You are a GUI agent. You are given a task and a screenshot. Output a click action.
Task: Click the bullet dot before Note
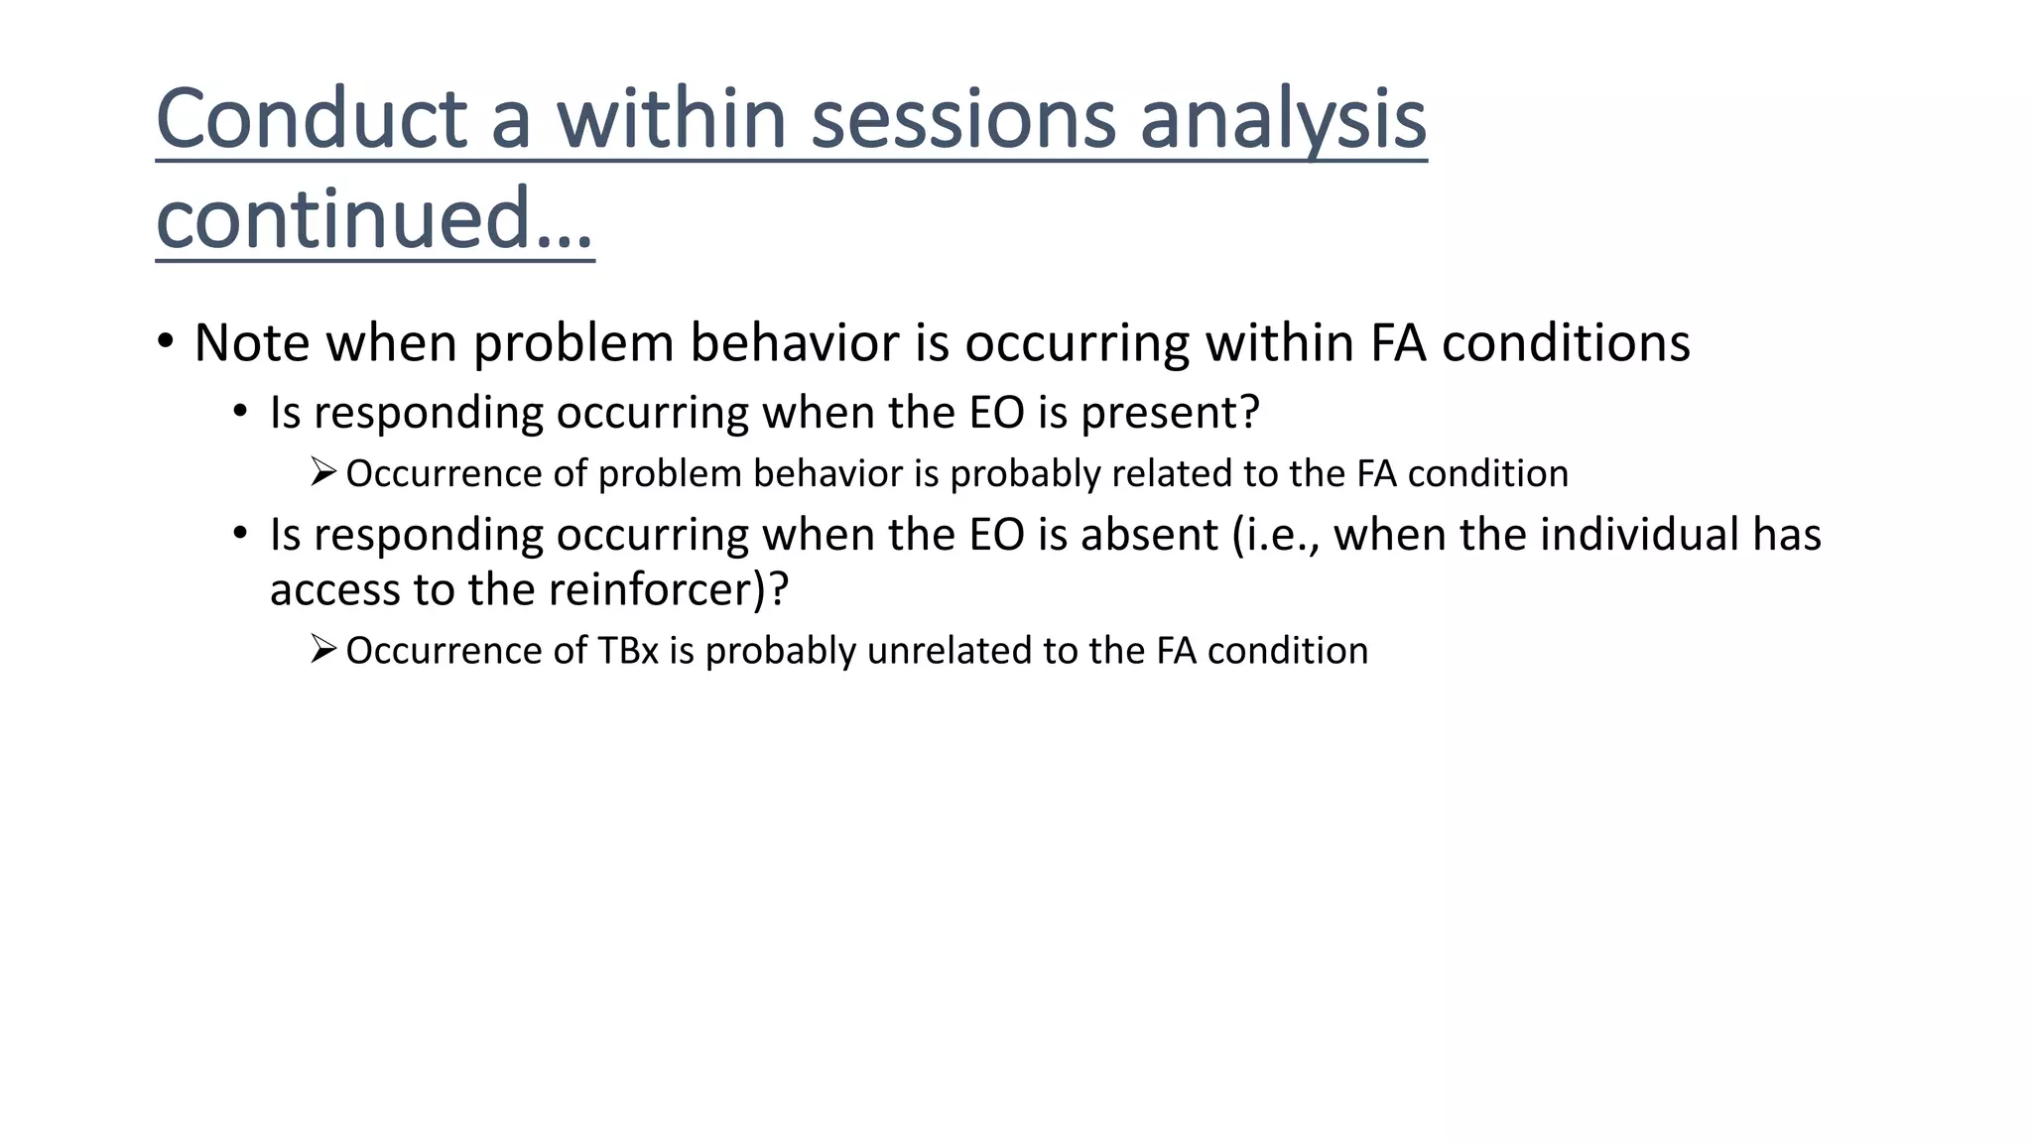[166, 341]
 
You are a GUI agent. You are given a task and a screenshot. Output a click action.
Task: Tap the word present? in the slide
[1170, 413]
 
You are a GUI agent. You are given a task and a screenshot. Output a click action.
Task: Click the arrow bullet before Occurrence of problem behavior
[323, 471]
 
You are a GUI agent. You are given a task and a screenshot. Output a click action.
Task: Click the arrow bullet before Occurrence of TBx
[323, 649]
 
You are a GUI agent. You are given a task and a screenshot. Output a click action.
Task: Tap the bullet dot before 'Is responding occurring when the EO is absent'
[240, 534]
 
